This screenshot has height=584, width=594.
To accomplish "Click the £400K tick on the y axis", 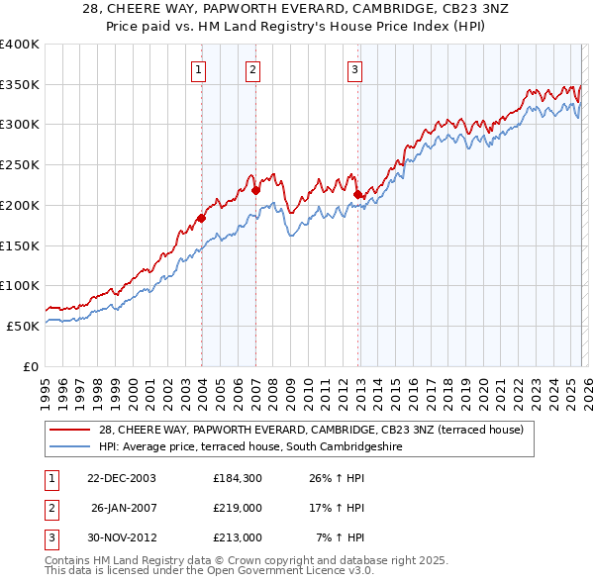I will tap(20, 45).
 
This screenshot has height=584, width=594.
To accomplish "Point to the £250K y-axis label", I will tap(20, 165).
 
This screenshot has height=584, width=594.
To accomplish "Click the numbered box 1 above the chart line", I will tap(200, 69).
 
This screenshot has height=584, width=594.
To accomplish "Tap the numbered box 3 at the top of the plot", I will tap(354, 69).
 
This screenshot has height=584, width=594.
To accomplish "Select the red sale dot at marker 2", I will tap(255, 190).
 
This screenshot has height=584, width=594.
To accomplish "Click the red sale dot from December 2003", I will tap(201, 218).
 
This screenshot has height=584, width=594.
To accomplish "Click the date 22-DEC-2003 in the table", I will tap(120, 478).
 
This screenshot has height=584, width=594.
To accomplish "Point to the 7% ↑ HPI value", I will tap(341, 537).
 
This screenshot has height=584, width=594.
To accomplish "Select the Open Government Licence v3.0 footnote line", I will tap(210, 572).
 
